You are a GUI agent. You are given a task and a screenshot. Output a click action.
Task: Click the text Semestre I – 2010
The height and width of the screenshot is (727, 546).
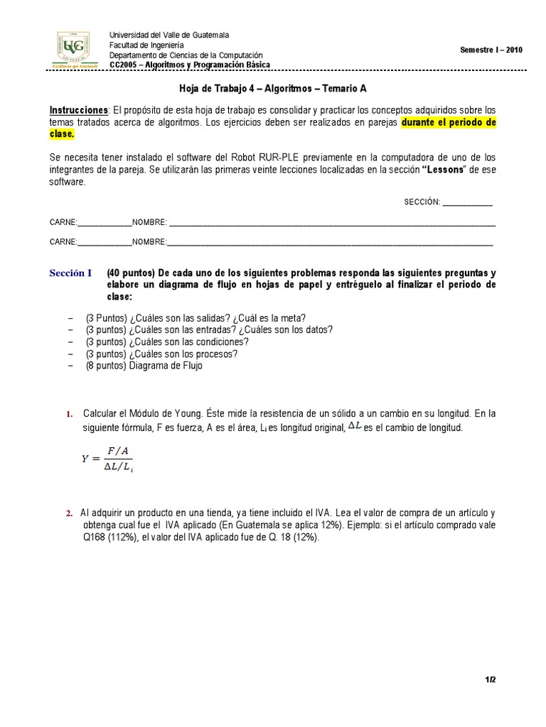pos(491,50)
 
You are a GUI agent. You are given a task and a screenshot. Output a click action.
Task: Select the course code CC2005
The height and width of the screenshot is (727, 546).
pos(122,65)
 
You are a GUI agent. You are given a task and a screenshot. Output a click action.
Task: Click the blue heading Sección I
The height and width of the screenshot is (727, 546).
pos(71,273)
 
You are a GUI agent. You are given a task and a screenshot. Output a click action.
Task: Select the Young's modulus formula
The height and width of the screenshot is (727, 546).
pos(108,458)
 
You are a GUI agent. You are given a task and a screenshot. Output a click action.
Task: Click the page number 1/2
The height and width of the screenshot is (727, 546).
pos(490,680)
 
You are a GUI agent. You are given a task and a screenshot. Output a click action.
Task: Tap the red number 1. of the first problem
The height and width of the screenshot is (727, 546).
pos(69,414)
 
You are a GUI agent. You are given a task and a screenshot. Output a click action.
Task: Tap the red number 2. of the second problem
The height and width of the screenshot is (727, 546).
pos(69,513)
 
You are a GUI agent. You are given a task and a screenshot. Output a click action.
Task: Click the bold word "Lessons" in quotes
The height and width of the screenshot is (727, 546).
pos(446,170)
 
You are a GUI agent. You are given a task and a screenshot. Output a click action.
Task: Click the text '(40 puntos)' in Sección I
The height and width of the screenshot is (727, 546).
pos(131,273)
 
